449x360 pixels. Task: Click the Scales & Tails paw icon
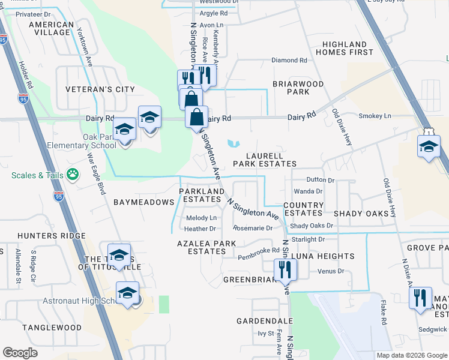click(73, 175)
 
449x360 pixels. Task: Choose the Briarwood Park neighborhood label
click(298, 88)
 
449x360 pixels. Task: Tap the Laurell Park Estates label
click(265, 160)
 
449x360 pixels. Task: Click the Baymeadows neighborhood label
click(143, 202)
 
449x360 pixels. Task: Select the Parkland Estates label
click(202, 195)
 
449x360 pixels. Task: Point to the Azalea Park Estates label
click(202, 247)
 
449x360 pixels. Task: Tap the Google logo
click(20, 353)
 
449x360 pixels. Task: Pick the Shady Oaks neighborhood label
click(361, 214)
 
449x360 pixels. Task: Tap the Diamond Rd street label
click(289, 61)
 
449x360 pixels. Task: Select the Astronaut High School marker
click(127, 293)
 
